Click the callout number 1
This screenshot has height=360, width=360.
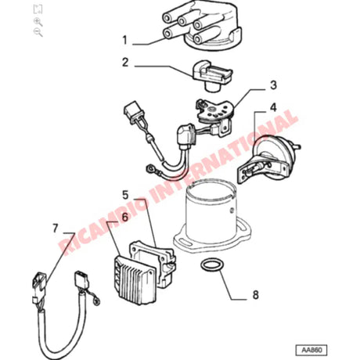click(x=124, y=38)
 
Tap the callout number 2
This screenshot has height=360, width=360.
click(x=124, y=62)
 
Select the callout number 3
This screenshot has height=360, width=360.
click(x=273, y=85)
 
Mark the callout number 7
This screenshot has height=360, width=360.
click(x=55, y=229)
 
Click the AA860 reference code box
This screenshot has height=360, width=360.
click(x=311, y=350)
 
